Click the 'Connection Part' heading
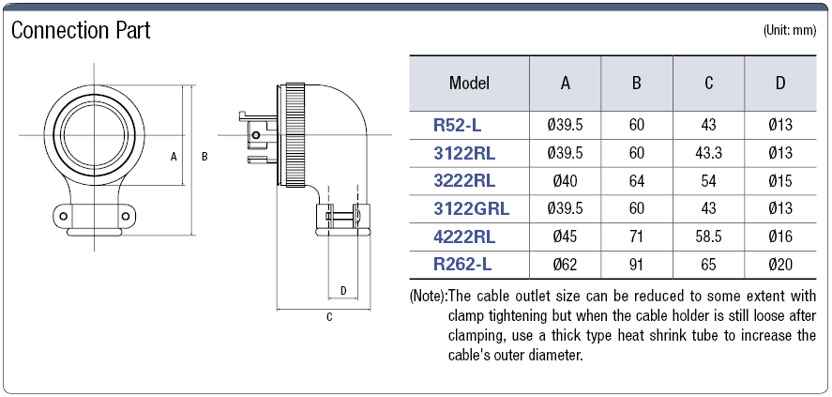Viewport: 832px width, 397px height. [x=81, y=31]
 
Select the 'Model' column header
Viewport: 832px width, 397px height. [x=470, y=83]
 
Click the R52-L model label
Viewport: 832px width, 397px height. [x=457, y=124]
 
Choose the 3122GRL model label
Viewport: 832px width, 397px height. [x=470, y=208]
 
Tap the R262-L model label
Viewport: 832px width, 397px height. [x=462, y=265]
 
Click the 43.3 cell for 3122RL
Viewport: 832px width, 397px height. [x=708, y=152]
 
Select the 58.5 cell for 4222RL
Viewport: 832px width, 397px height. [x=708, y=237]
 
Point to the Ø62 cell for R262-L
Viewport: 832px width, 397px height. [x=565, y=265]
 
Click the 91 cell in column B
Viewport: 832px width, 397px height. [x=637, y=265]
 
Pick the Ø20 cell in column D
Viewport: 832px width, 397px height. [x=779, y=265]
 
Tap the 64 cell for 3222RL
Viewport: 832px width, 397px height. [x=637, y=180]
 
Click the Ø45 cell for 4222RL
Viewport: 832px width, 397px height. [x=565, y=237]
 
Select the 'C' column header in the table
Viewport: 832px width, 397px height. [x=708, y=83]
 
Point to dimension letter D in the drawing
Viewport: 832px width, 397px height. [x=343, y=291]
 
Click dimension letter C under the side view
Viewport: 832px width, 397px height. [x=328, y=317]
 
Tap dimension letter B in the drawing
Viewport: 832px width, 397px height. [x=204, y=157]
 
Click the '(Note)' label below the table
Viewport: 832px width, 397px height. [x=428, y=297]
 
